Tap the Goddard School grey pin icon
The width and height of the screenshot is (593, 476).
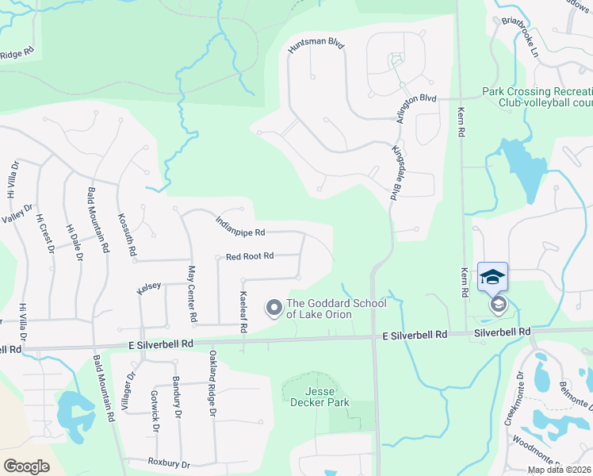(274, 306)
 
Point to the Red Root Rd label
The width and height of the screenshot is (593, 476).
(250, 256)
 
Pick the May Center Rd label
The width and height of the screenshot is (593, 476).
(191, 294)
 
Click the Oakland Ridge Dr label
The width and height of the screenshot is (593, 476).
(212, 384)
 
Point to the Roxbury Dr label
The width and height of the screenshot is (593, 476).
(169, 463)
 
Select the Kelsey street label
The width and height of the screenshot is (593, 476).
(149, 286)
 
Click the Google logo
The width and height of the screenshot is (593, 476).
(27, 466)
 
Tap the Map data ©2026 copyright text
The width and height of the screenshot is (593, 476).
(558, 470)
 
